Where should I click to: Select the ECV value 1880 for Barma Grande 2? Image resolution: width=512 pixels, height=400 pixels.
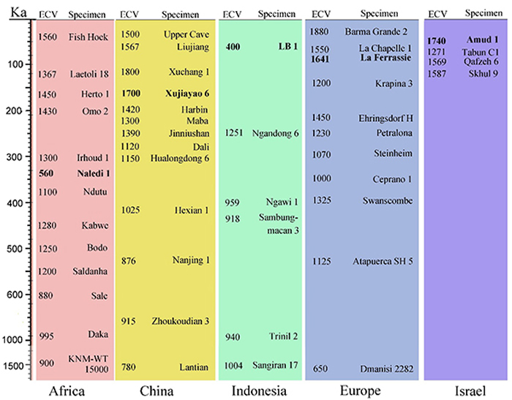(x=319, y=31)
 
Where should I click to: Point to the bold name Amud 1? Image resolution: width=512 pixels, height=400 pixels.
(x=481, y=40)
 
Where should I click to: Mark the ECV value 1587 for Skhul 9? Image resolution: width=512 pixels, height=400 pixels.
(x=437, y=73)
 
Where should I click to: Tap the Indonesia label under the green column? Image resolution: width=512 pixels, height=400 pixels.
(x=258, y=390)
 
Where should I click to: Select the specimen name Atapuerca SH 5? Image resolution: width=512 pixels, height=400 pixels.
(x=383, y=261)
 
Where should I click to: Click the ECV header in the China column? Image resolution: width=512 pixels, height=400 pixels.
(x=129, y=14)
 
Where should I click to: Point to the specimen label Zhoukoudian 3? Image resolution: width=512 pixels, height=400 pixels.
(x=181, y=320)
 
